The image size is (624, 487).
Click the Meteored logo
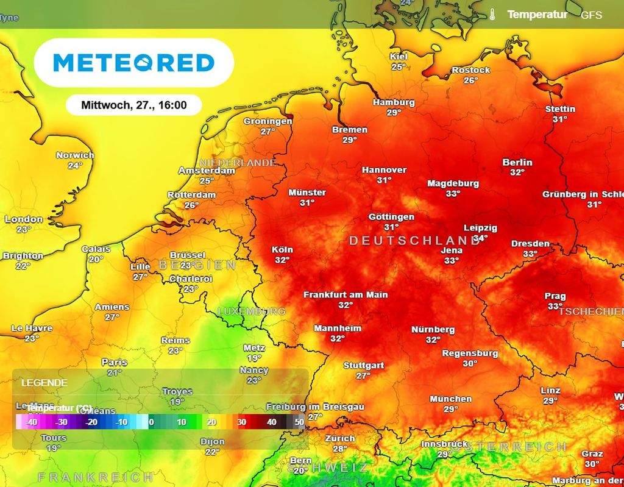134,63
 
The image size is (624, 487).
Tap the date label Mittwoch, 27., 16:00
133,105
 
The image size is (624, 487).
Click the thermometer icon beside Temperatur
492,15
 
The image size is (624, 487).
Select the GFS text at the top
591,15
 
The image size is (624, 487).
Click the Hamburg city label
394,102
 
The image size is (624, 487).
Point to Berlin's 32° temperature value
517,172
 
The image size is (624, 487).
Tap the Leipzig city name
480,227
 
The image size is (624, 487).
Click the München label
450,399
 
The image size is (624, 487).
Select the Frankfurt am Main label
346,294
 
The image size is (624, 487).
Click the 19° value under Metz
254,358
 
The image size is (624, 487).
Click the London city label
24,219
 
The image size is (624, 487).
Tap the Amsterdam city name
207,171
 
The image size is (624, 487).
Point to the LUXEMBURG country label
251,311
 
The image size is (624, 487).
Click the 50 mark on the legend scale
299,422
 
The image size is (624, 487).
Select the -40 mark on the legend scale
31,422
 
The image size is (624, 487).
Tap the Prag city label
555,296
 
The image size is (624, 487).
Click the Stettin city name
560,109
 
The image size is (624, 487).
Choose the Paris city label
115,362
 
